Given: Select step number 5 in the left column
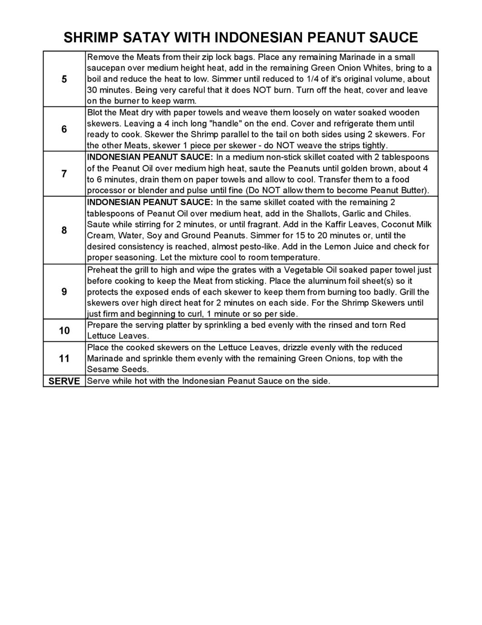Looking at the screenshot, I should point(64,79).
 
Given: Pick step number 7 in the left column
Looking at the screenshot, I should point(64,174).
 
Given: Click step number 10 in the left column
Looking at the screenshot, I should point(64,330).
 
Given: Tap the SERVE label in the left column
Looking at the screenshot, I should point(64,381).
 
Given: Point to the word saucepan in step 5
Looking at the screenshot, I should point(105,68).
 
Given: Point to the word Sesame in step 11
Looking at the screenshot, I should point(100,370).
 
